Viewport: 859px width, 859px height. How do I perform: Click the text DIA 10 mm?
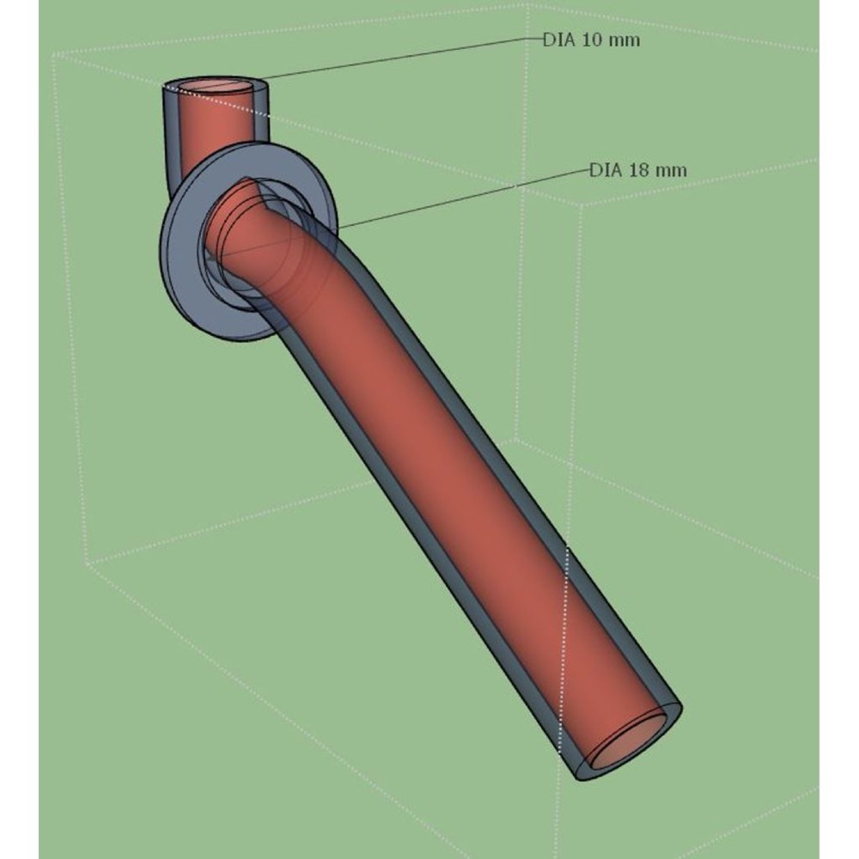coord(591,40)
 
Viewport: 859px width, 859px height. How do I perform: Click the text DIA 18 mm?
coord(637,170)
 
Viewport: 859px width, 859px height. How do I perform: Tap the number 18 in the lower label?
coord(640,170)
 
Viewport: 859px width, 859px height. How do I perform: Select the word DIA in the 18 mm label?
coord(606,170)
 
